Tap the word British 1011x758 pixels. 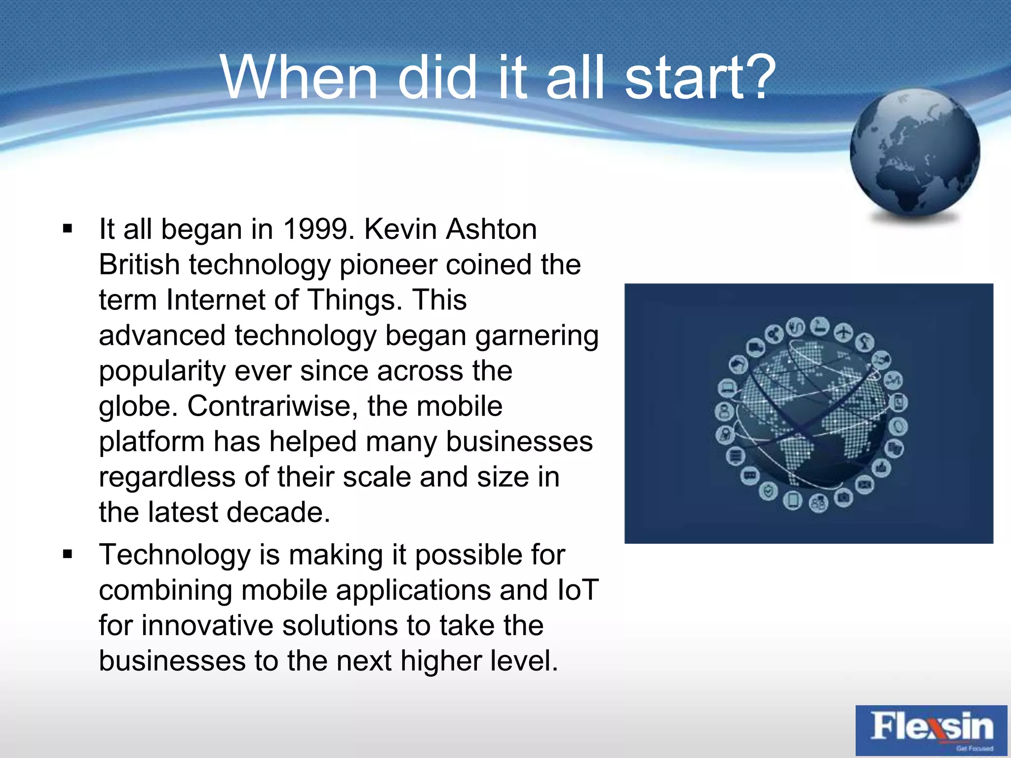(139, 265)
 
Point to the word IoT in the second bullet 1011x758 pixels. (577, 590)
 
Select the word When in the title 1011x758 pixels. (299, 78)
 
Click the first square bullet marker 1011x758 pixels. (68, 229)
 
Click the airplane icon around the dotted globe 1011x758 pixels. (843, 332)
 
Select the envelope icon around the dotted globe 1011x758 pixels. (864, 485)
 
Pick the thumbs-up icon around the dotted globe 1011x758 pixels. (882, 467)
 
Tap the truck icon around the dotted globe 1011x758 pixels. (755, 348)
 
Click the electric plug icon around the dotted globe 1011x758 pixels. (795, 327)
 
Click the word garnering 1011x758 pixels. (537, 336)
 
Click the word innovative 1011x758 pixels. (207, 626)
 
